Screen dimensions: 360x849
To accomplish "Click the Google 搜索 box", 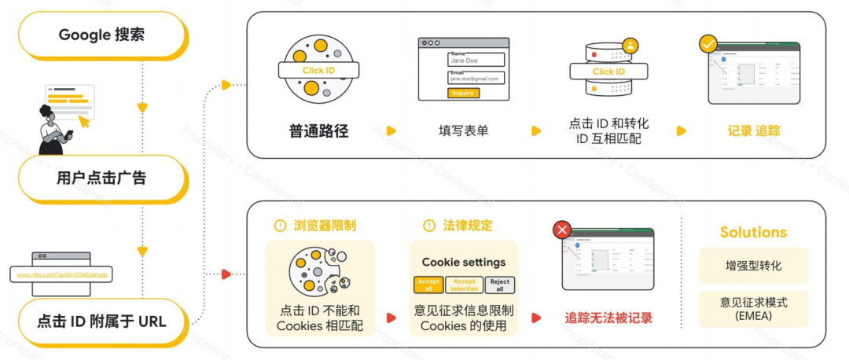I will (101, 35).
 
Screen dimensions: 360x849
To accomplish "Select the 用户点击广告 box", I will (101, 178).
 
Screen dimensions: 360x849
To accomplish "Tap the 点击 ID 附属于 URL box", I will (101, 321).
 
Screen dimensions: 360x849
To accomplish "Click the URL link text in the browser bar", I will (62, 274).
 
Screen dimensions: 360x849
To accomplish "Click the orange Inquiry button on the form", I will (463, 93).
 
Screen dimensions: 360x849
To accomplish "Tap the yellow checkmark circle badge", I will (708, 44).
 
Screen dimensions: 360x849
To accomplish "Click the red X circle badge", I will (562, 230).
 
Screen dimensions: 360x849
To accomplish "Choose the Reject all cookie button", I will (499, 285).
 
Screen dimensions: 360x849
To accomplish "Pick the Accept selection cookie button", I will (464, 285).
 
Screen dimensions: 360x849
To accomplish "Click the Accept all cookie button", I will (428, 285).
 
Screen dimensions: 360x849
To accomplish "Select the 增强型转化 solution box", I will (753, 266).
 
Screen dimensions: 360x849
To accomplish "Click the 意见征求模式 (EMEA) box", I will (753, 309).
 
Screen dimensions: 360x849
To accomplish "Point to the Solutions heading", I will (753, 233).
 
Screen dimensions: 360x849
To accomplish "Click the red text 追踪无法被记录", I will (608, 318).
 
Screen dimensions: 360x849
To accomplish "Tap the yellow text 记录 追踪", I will (753, 130).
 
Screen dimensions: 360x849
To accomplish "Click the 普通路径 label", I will (318, 130).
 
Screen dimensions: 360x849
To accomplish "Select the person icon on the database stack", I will (631, 46).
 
